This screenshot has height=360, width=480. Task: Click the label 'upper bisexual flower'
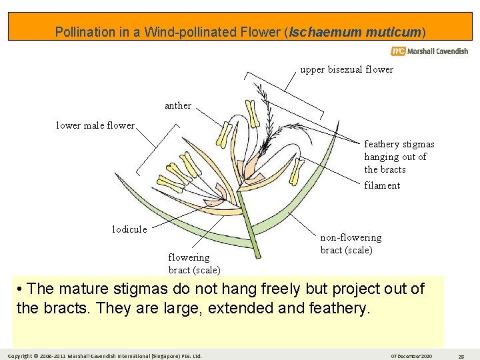346,69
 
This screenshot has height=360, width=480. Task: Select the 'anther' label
177,105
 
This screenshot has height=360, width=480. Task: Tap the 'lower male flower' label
95,125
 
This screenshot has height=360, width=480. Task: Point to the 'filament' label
382,185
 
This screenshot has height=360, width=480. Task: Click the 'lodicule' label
129,229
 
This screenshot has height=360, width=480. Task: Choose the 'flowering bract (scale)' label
194,263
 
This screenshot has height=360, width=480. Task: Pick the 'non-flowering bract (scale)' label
351,244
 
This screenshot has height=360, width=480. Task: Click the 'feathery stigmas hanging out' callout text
399,157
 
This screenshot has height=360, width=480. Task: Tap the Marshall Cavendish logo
429,51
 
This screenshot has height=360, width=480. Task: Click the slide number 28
461,355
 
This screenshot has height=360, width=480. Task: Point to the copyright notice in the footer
105,355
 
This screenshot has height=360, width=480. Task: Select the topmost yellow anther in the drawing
251,113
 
